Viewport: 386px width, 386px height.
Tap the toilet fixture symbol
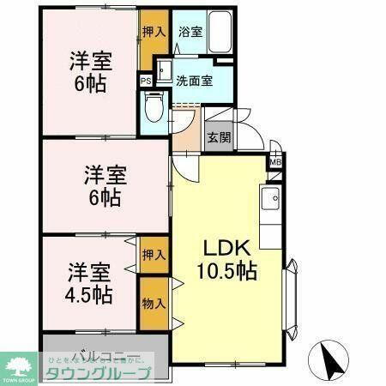point(154,108)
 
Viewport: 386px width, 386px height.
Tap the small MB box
point(276,160)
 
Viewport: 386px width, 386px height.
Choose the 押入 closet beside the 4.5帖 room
point(154,256)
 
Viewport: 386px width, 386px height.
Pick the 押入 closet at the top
point(154,32)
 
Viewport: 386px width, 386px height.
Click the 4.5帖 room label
point(90,284)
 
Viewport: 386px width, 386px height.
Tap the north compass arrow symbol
point(330,356)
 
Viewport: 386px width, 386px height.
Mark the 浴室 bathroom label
point(190,32)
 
